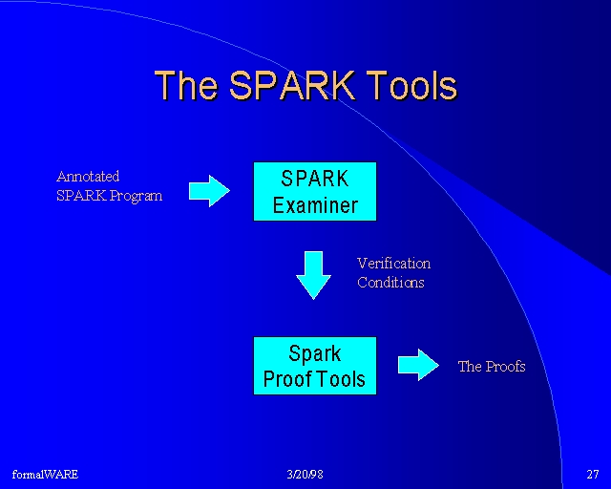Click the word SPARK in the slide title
(x=293, y=85)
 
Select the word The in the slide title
(x=186, y=85)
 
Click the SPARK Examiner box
(x=315, y=191)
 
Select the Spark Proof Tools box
(x=315, y=366)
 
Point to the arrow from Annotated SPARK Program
(x=209, y=191)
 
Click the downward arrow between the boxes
(x=313, y=275)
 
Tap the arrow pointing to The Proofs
(x=418, y=365)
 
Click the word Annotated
(x=88, y=177)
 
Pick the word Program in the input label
(x=136, y=196)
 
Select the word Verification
(x=393, y=264)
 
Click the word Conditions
(x=390, y=283)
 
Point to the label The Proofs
(x=492, y=366)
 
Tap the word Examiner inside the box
(x=315, y=205)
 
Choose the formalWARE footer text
(x=45, y=474)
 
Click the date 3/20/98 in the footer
(x=305, y=474)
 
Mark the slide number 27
(x=593, y=474)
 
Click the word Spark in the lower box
(x=315, y=354)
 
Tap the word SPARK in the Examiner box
(x=315, y=179)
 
